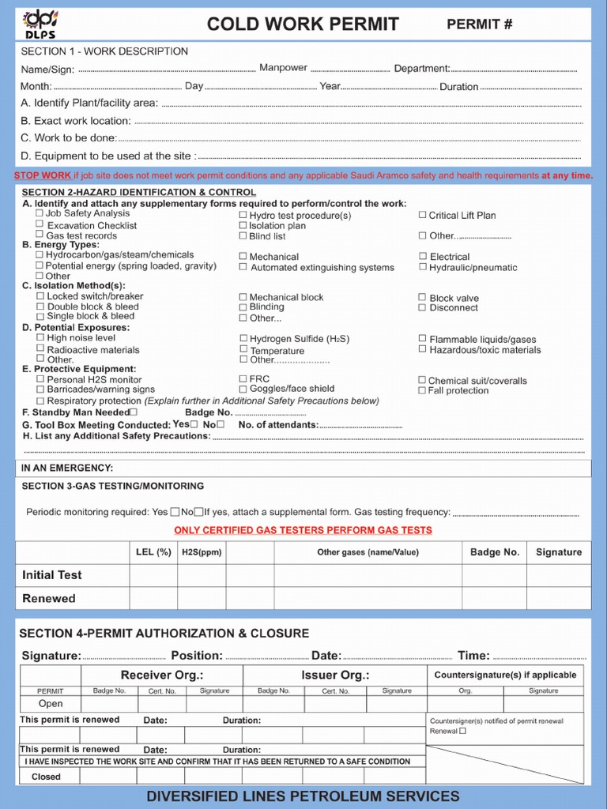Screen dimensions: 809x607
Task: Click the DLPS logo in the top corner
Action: pyautogui.click(x=39, y=24)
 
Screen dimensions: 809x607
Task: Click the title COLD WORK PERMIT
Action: pyautogui.click(x=303, y=24)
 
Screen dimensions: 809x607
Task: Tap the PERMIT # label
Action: pyautogui.click(x=480, y=24)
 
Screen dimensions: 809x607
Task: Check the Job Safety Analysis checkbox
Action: pyautogui.click(x=40, y=213)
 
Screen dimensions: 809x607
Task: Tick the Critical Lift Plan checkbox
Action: pyautogui.click(x=422, y=215)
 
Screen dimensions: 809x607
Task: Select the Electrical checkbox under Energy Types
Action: pyautogui.click(x=423, y=256)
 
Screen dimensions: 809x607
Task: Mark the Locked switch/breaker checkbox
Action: pyautogui.click(x=40, y=296)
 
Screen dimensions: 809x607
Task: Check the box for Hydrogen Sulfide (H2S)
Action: pyautogui.click(x=243, y=339)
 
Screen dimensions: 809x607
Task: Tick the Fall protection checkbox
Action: pyautogui.click(x=422, y=390)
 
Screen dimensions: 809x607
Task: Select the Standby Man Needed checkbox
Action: pyautogui.click(x=133, y=412)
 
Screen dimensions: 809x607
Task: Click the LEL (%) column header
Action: pyautogui.click(x=153, y=552)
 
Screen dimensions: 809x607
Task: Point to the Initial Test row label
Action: pyautogui.click(x=52, y=575)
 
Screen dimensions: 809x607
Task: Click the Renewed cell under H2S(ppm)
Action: pyautogui.click(x=202, y=598)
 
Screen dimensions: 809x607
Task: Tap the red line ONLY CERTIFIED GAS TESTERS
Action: pyautogui.click(x=303, y=530)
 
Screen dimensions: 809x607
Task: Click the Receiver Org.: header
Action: pyautogui.click(x=162, y=675)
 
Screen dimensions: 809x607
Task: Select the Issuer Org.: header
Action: pyautogui.click(x=335, y=675)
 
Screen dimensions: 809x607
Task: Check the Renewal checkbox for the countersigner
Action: pyautogui.click(x=463, y=731)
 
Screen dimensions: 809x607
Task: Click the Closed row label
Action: pyautogui.click(x=46, y=777)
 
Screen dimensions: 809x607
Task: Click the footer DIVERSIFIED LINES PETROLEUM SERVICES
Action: pyautogui.click(x=303, y=796)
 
